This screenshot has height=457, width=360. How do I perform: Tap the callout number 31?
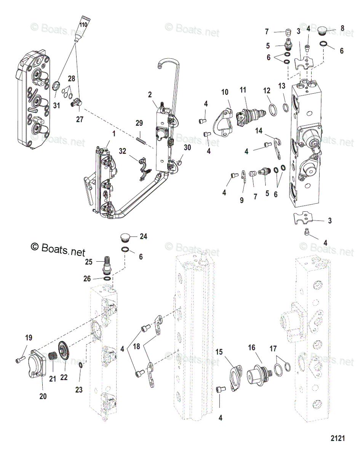point(57,106)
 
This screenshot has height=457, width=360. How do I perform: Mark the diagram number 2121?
point(337,439)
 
